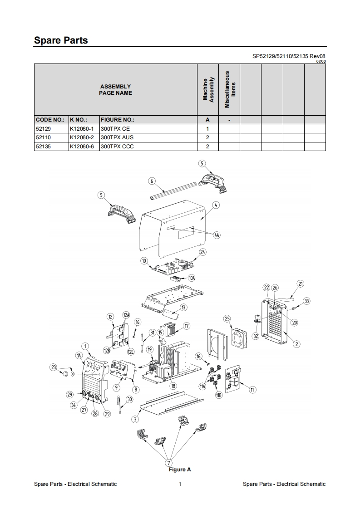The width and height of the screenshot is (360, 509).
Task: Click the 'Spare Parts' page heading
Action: point(61,40)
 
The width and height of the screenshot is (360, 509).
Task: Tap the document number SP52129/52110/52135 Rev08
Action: point(289,57)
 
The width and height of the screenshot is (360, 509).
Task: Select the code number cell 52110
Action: point(43,137)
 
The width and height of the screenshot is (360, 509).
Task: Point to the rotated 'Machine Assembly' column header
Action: point(208,89)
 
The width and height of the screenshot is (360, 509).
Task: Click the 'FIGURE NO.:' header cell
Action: point(117,120)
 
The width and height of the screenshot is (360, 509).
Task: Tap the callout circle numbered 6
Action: point(152,181)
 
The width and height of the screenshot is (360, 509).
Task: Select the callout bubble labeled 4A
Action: point(217,235)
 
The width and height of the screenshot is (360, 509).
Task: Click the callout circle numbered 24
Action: point(202,252)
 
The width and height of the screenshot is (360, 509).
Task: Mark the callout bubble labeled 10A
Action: point(192,278)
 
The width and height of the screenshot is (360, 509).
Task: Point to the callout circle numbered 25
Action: point(227,319)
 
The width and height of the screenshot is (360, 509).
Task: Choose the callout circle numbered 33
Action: point(307,301)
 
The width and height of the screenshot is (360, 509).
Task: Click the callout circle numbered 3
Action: point(135,419)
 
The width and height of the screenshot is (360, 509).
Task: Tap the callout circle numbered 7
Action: point(169,462)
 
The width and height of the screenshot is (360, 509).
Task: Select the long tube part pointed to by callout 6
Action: point(173,191)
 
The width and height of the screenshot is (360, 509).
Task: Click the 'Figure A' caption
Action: point(180,470)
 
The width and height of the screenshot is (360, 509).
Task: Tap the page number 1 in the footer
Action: point(180,484)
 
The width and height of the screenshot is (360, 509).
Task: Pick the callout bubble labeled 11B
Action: point(219,396)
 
